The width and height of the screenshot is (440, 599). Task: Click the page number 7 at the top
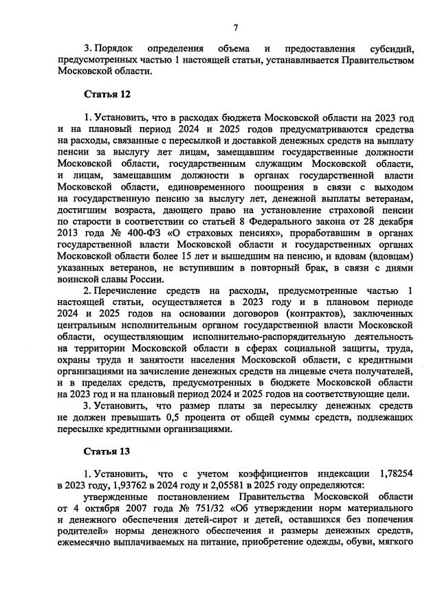(x=235, y=27)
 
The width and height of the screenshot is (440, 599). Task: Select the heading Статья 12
(x=107, y=93)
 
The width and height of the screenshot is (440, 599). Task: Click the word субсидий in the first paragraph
(x=390, y=49)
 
